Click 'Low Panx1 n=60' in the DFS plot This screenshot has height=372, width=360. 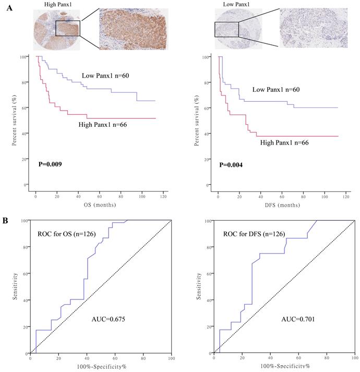278,90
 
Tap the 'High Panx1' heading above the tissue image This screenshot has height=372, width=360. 51,4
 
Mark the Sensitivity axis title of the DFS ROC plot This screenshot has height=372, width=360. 201,287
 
